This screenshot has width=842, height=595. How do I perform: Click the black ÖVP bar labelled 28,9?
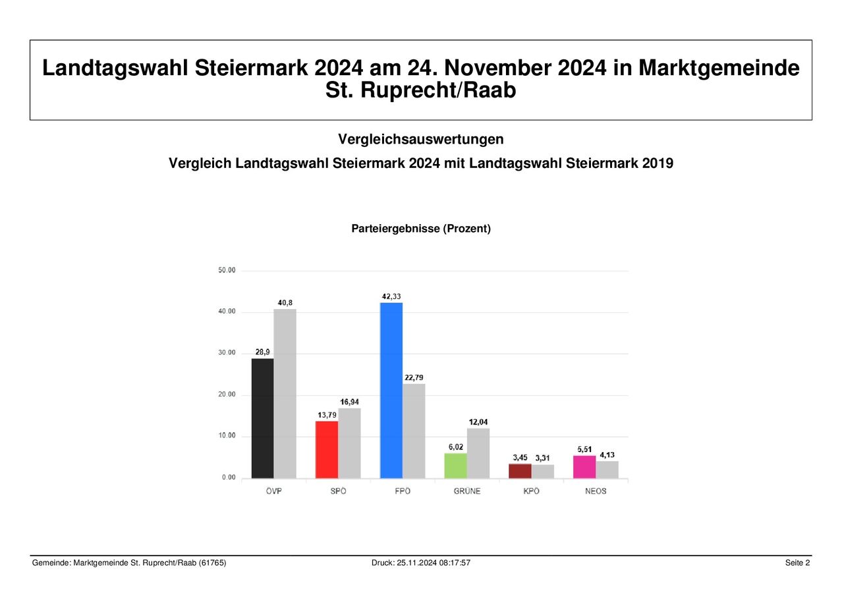click(x=262, y=418)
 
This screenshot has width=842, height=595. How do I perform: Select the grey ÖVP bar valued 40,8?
click(x=285, y=393)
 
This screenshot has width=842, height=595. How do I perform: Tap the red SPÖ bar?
click(x=327, y=449)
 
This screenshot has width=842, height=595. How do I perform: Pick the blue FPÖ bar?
click(x=391, y=390)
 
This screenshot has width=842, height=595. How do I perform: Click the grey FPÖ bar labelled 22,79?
click(x=414, y=430)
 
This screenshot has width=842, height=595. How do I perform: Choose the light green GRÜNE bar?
click(x=455, y=465)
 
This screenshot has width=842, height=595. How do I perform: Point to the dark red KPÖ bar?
click(x=520, y=470)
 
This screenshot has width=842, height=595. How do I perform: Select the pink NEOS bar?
click(x=584, y=467)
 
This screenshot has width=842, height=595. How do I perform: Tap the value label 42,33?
click(x=392, y=297)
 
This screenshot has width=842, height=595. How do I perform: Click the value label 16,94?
click(x=350, y=402)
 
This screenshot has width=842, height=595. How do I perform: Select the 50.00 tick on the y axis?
click(x=227, y=270)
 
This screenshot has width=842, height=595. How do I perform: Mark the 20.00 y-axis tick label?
click(x=227, y=395)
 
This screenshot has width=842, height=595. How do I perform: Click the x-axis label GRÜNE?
click(x=466, y=492)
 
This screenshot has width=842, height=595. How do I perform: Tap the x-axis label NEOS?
click(x=596, y=492)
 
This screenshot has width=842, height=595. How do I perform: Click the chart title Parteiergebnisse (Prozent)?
click(x=421, y=229)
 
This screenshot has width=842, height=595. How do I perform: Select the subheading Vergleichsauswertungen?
click(x=421, y=139)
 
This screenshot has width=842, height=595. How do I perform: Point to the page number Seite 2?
click(x=797, y=563)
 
